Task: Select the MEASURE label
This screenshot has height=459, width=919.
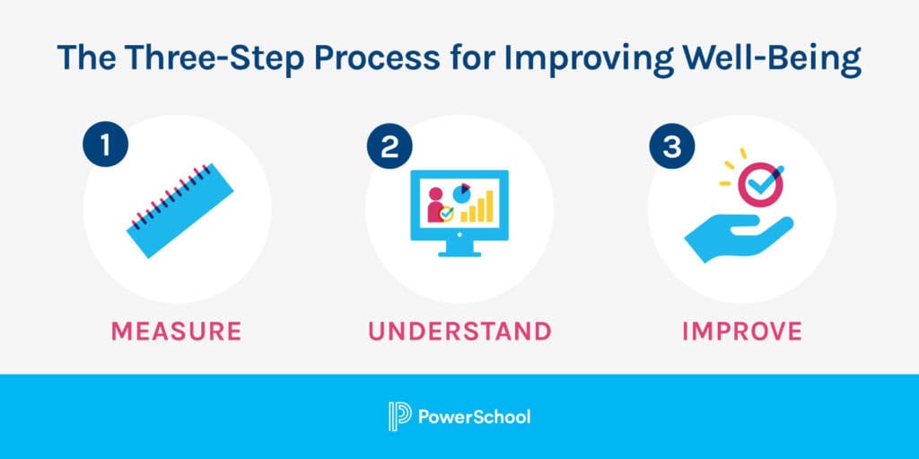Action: (x=176, y=331)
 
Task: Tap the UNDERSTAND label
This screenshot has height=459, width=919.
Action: (x=459, y=331)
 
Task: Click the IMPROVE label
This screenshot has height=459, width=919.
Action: (x=741, y=331)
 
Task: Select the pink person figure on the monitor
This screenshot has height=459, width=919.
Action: (x=436, y=205)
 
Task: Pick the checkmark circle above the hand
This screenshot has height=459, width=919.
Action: (x=760, y=184)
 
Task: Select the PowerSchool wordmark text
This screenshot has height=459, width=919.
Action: (x=474, y=417)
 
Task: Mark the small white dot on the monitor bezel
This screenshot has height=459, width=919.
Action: (x=459, y=234)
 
